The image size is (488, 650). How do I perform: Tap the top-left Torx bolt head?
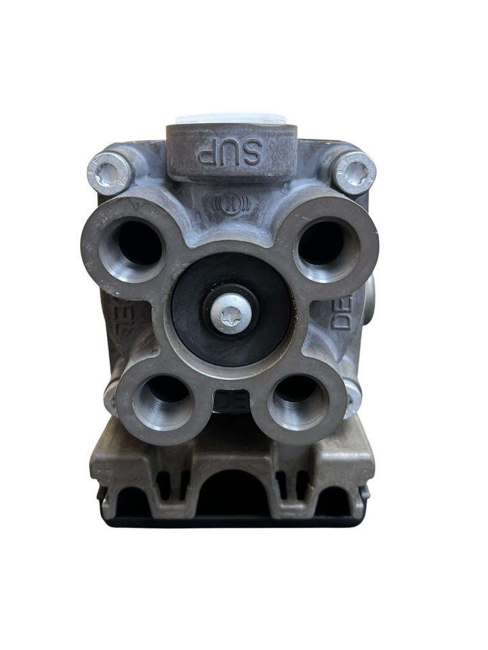(x=108, y=172)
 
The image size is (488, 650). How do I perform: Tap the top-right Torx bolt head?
(x=354, y=172)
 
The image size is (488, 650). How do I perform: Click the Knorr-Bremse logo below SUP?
(x=231, y=203)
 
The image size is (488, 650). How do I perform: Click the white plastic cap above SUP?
(x=230, y=120)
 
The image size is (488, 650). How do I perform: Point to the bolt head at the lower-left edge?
(x=110, y=396)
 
